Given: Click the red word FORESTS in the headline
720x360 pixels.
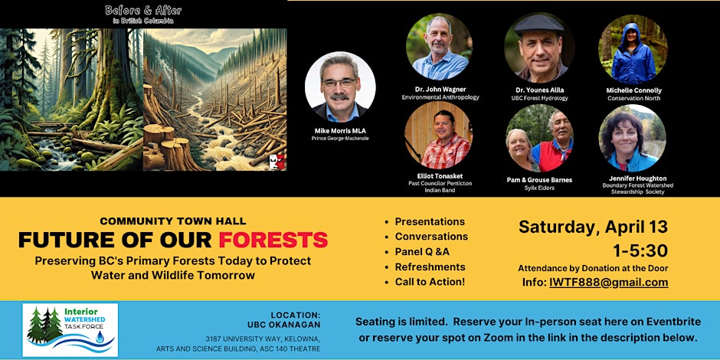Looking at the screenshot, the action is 273,240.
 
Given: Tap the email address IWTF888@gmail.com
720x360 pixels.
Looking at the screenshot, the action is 608,283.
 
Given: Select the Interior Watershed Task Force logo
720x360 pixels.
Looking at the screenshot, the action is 70,329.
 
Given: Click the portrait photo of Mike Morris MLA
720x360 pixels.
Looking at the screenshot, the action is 340,87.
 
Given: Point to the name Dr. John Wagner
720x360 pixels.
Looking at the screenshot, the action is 439,90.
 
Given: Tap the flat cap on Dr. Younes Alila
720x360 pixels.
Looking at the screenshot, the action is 539,23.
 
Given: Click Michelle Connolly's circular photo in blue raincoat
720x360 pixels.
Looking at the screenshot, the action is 633,50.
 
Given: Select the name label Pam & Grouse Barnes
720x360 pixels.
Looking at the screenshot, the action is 539,180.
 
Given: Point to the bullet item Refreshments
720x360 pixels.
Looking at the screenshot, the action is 430,267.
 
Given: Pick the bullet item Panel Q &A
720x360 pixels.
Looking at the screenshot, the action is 422,252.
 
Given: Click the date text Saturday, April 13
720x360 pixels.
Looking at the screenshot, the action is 593,227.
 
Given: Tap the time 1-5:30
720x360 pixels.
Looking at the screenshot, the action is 640,250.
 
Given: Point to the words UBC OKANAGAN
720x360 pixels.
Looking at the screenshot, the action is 283,325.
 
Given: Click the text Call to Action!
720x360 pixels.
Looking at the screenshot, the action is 430,282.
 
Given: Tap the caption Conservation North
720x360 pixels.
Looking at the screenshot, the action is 633,98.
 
